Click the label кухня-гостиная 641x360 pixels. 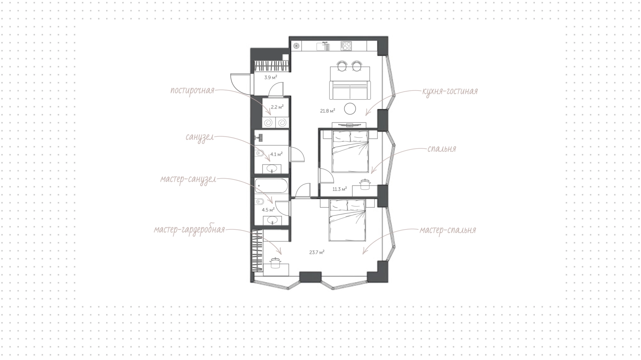[450, 91]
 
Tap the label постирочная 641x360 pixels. [192, 91]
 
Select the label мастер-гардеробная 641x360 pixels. [189, 230]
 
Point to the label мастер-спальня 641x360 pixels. [448, 230]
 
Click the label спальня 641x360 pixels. [441, 149]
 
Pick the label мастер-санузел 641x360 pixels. [188, 179]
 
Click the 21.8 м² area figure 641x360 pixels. [328, 111]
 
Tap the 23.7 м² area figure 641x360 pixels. [317, 252]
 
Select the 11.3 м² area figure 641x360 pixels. [340, 189]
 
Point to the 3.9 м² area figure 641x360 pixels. [271, 77]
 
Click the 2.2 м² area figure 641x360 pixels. [277, 107]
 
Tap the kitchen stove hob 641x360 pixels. [346, 46]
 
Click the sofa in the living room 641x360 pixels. [350, 90]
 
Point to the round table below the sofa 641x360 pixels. [350, 109]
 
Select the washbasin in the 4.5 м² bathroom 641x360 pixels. [272, 220]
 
